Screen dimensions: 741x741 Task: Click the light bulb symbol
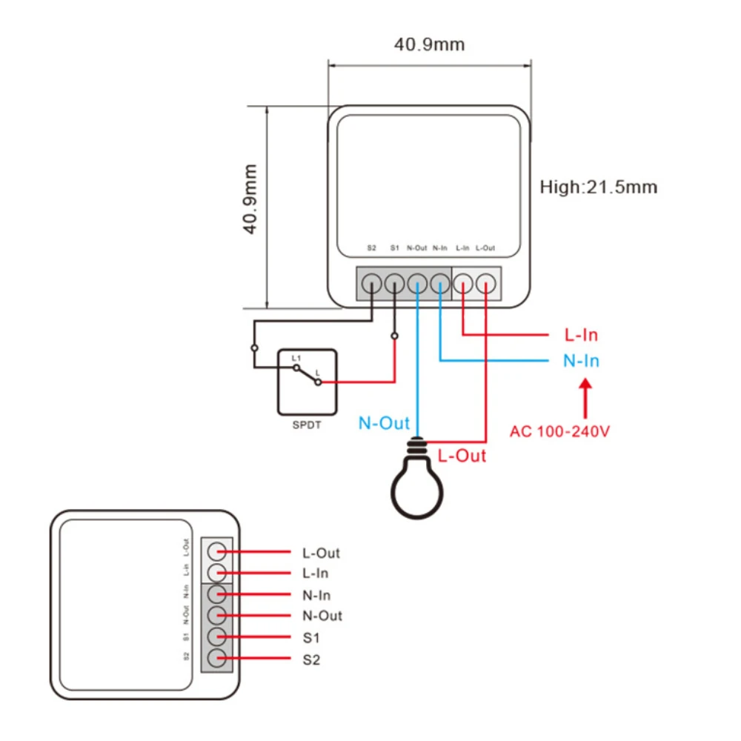(419, 485)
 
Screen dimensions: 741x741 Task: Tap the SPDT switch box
(307, 382)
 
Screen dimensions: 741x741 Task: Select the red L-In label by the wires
(581, 335)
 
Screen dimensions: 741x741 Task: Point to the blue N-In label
(580, 361)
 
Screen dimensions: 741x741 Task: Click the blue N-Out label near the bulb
(384, 423)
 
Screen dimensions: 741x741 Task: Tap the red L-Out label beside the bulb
(462, 456)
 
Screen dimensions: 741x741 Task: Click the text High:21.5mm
(598, 187)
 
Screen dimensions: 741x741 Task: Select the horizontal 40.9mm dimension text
(429, 44)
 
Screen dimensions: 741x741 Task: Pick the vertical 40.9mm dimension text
(251, 199)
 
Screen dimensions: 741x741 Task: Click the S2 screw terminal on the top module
(372, 282)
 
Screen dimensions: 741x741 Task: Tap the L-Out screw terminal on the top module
(486, 282)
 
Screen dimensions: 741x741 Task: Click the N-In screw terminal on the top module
(441, 282)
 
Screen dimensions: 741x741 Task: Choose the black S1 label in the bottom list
(311, 637)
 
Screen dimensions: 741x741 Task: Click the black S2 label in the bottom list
(311, 659)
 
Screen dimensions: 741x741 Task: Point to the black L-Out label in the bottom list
(321, 553)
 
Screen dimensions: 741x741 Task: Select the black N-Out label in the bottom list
(322, 616)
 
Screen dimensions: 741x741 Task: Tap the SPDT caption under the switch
(307, 425)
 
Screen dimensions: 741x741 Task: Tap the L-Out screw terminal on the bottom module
(216, 551)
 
